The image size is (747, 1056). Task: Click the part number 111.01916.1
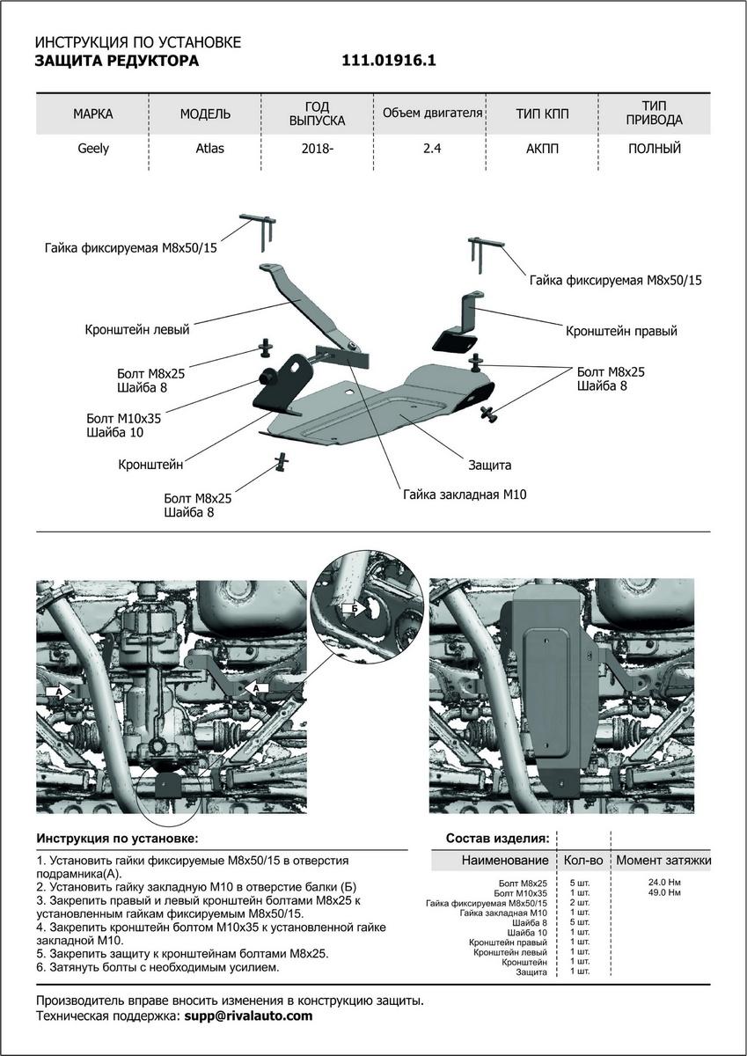pyautogui.click(x=388, y=61)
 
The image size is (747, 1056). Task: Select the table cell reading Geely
pyautogui.click(x=93, y=149)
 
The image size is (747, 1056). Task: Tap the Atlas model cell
pyautogui.click(x=209, y=149)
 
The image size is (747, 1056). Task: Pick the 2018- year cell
pyautogui.click(x=317, y=149)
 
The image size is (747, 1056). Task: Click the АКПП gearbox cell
pyautogui.click(x=542, y=149)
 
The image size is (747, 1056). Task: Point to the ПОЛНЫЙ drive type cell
pyautogui.click(x=655, y=149)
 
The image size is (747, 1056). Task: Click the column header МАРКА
pyautogui.click(x=93, y=114)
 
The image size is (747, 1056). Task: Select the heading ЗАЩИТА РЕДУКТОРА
pyautogui.click(x=116, y=61)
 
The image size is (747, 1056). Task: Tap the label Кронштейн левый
pyautogui.click(x=137, y=330)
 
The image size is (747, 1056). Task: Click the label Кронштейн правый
pyautogui.click(x=621, y=332)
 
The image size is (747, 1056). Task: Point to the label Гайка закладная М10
pyautogui.click(x=465, y=495)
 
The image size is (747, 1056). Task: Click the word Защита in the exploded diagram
pyautogui.click(x=490, y=465)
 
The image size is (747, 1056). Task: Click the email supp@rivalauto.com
pyautogui.click(x=247, y=1016)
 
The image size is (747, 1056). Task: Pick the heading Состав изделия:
pyautogui.click(x=498, y=838)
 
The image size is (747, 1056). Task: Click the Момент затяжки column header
pyautogui.click(x=663, y=860)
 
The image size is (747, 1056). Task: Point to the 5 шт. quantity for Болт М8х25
pyautogui.click(x=579, y=883)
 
